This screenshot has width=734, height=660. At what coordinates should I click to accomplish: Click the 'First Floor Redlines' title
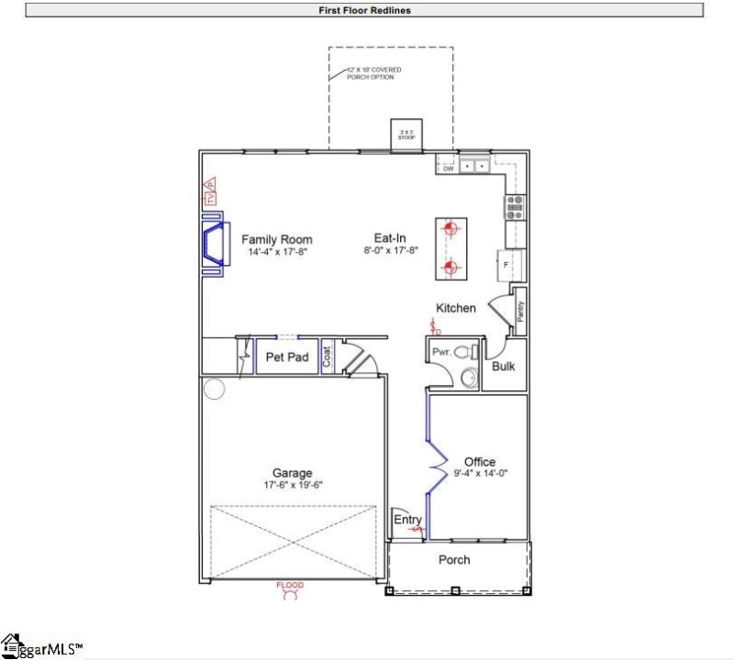pos(363,10)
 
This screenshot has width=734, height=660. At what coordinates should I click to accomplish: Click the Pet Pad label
pos(286,357)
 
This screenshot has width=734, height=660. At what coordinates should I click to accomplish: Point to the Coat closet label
pos(328,357)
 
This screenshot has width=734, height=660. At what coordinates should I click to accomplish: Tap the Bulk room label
pos(504,367)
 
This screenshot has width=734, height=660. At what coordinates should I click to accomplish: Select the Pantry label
pos(520,312)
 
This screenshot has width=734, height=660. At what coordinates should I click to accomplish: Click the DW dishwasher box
pos(449,169)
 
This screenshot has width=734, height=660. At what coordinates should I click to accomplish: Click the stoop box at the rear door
pos(405,134)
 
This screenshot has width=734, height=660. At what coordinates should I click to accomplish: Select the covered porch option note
pos(373,73)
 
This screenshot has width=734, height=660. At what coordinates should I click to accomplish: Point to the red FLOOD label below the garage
pos(290,585)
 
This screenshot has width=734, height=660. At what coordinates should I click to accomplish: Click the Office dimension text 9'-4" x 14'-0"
pos(479,474)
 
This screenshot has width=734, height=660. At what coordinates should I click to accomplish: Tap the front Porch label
pos(454,559)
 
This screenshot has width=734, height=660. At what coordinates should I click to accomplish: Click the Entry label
pos(408,520)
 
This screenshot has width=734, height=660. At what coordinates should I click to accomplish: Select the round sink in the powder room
pos(468,376)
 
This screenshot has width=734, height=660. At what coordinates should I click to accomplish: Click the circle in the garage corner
pos(214,390)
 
